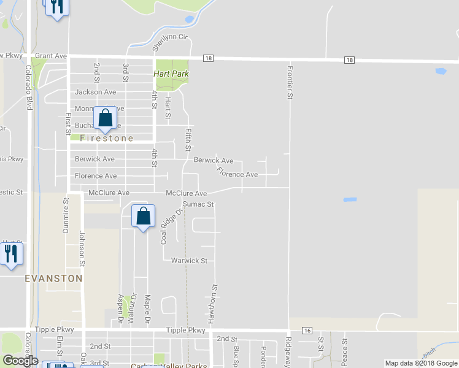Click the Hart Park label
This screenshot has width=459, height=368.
(x=171, y=74)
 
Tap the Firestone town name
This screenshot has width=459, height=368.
(x=107, y=139)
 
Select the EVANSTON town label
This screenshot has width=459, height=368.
(x=54, y=278)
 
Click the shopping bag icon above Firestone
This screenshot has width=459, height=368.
(x=105, y=118)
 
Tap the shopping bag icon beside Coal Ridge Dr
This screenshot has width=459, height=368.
(x=143, y=216)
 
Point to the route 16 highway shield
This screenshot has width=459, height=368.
(x=307, y=331)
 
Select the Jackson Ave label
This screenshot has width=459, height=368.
(x=95, y=92)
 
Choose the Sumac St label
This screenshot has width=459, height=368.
(x=198, y=204)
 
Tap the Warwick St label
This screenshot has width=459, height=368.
(x=190, y=261)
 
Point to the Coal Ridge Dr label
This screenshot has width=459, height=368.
(x=172, y=227)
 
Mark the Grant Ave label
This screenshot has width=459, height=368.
(x=51, y=56)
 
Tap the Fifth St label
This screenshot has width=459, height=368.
(x=188, y=140)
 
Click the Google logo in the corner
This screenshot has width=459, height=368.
(x=20, y=361)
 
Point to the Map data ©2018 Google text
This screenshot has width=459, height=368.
(x=421, y=363)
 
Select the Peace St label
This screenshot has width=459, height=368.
(x=344, y=349)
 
